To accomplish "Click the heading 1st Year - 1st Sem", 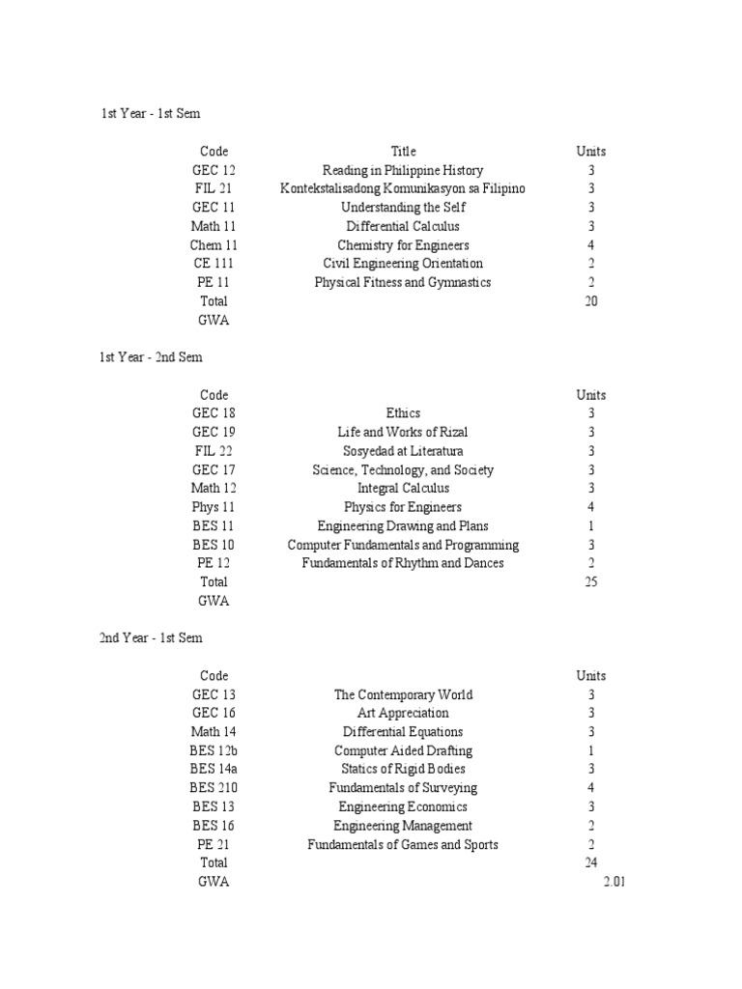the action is coord(151,114).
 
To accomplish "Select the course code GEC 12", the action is coord(214,170).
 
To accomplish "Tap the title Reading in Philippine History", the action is coord(403,170).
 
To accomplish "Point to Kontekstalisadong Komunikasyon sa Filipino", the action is coord(403,188).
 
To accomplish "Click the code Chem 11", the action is coord(214,245).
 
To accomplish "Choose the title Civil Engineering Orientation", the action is coord(403,264).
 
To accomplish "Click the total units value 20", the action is coord(591,301).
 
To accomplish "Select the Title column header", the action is coord(403,152).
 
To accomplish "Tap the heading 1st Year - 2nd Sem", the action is coord(151,357).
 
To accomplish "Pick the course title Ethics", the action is coord(403,413).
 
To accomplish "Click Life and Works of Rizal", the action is coord(403,432).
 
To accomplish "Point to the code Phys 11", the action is coord(214,507).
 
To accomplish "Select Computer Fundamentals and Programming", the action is coord(403,545).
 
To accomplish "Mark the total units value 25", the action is coord(591,582).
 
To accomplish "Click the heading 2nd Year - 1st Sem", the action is coord(151,638).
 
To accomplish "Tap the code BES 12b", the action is coord(214,750).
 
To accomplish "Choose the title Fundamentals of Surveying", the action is coord(403,788).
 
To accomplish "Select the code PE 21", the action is coord(214,844).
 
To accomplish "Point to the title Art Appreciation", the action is coord(403,713).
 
